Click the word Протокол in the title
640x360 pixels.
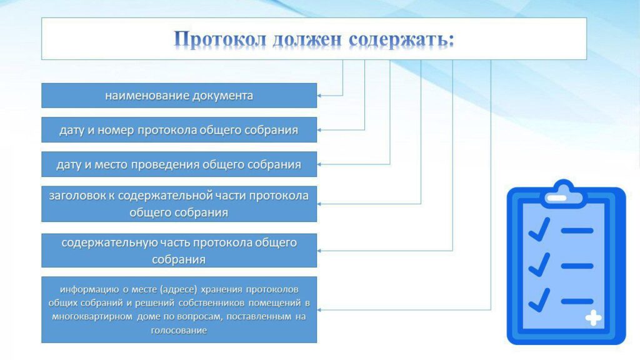pos(220,40)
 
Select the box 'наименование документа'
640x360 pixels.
pos(179,96)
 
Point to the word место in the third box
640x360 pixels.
pos(111,164)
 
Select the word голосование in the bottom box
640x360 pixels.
pos(179,330)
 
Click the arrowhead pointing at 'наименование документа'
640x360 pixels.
pos(319,96)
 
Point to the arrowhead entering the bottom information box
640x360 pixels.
pos(319,310)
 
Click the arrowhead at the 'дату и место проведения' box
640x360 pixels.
pos(319,164)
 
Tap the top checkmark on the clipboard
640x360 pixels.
pos(539,229)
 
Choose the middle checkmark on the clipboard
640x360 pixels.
pos(539,265)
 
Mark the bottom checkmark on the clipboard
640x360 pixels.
pos(539,300)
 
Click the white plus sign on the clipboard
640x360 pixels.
pos(593,318)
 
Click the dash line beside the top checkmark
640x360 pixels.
pos(577,231)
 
